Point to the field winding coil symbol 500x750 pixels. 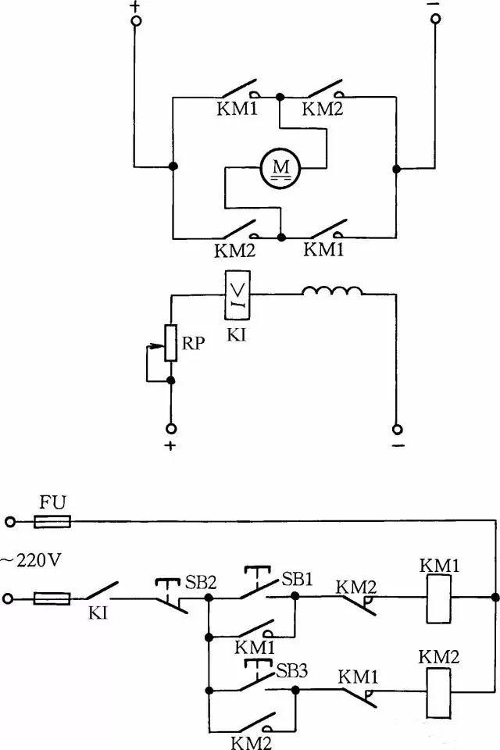coord(333,292)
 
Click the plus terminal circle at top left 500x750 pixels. coord(136,23)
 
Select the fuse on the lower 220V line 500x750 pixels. coord(52,599)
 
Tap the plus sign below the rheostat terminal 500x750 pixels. coord(170,446)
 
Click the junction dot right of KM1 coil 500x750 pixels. coord(495,599)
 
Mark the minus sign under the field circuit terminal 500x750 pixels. coord(398,446)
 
